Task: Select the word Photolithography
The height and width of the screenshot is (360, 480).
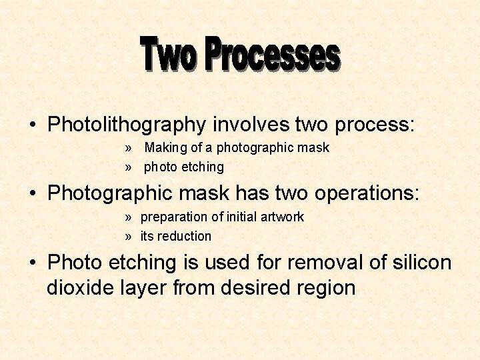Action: point(127,125)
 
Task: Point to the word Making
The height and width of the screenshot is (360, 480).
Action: point(166,147)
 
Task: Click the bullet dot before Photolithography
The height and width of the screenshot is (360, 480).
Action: point(33,125)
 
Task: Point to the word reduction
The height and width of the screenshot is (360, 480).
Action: point(185,236)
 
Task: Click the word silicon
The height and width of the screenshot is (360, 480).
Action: point(422,263)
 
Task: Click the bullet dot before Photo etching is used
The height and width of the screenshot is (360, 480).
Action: point(33,263)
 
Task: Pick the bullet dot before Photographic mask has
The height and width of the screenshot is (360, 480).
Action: point(33,194)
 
